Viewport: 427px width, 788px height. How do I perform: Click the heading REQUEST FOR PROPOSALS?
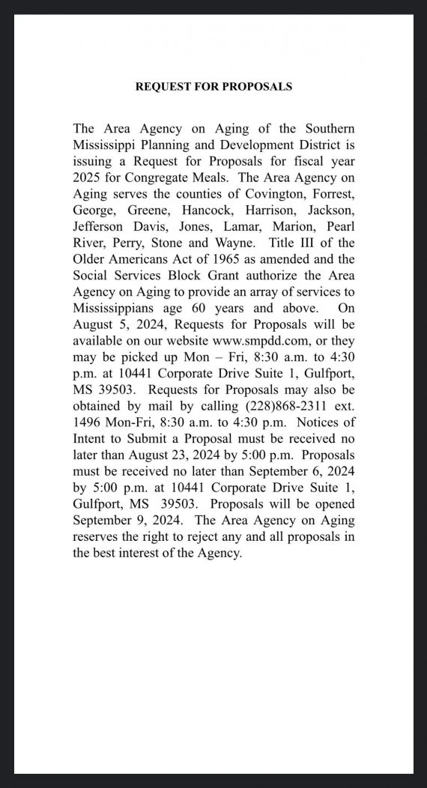(x=213, y=86)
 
